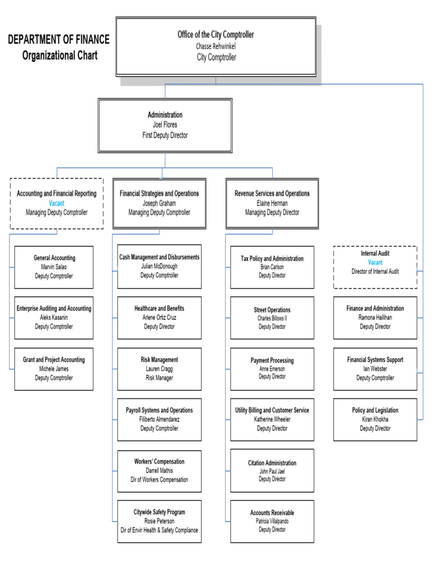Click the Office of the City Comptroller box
coord(215,46)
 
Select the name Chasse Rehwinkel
coord(216,46)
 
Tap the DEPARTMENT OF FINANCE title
coord(58,40)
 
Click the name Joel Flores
coord(165,125)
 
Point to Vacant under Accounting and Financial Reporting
coord(56,203)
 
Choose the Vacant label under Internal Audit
coord(375,262)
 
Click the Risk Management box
coord(159,369)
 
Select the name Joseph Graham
coord(159,203)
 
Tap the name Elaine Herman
coord(272,203)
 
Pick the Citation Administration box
coord(272,471)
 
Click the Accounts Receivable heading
coord(272,513)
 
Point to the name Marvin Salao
coord(54,267)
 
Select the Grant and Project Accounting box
coord(54,369)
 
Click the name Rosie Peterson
coord(159,521)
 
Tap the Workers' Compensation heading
coord(159,461)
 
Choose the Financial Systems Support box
coord(375,369)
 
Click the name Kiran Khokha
coord(375,419)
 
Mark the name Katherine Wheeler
coord(272,419)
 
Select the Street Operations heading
coord(272,310)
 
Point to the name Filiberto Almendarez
coord(159,419)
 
